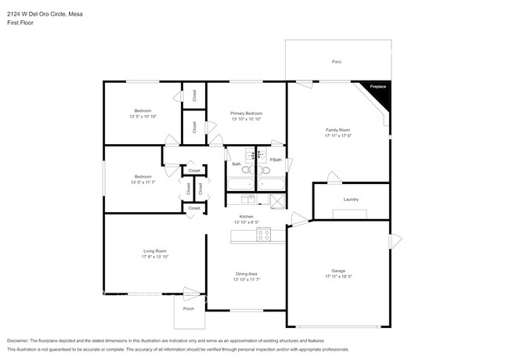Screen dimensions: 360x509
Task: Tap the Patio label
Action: tap(337, 61)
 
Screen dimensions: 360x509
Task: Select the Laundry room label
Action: tap(351, 200)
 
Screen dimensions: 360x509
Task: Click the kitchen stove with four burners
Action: tap(264, 233)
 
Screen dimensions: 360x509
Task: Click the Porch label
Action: tap(189, 308)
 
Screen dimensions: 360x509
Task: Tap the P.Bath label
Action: tap(275, 160)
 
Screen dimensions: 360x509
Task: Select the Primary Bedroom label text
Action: tap(246, 113)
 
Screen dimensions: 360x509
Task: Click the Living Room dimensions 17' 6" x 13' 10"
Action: tap(155, 257)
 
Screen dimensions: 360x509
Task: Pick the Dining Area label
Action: tap(246, 273)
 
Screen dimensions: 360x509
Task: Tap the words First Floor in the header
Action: tap(20, 23)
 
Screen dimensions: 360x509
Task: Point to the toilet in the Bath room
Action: tap(245, 169)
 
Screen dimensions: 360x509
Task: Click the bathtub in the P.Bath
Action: tap(272, 185)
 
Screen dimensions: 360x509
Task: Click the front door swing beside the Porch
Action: tap(192, 294)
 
